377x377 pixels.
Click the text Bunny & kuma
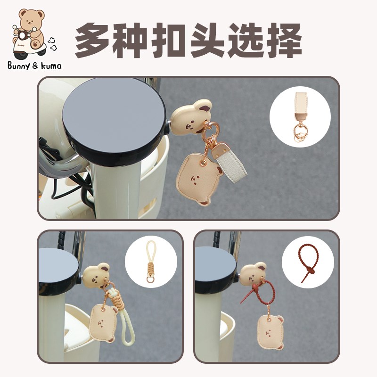pyautogui.click(x=34, y=66)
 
